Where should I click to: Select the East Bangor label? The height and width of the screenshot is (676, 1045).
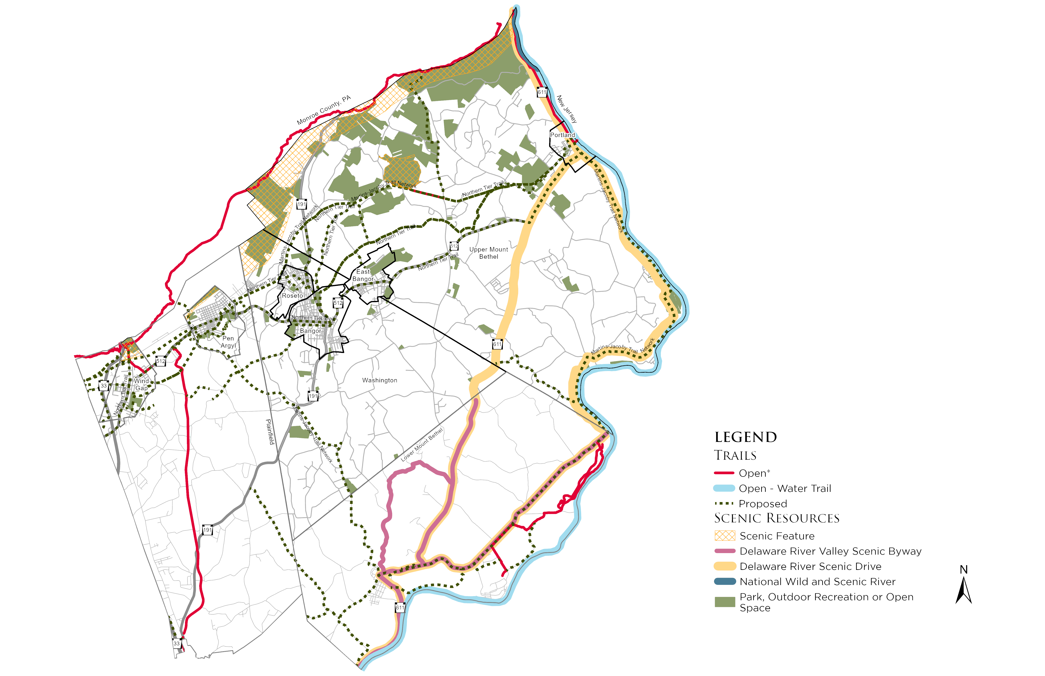363,275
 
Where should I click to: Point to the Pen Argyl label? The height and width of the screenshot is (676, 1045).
228,342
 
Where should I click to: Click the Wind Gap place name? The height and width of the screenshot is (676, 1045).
141,385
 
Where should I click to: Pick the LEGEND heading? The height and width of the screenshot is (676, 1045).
746,437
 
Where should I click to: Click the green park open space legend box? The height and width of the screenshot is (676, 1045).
725,602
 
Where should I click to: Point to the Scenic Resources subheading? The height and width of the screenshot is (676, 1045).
776,518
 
